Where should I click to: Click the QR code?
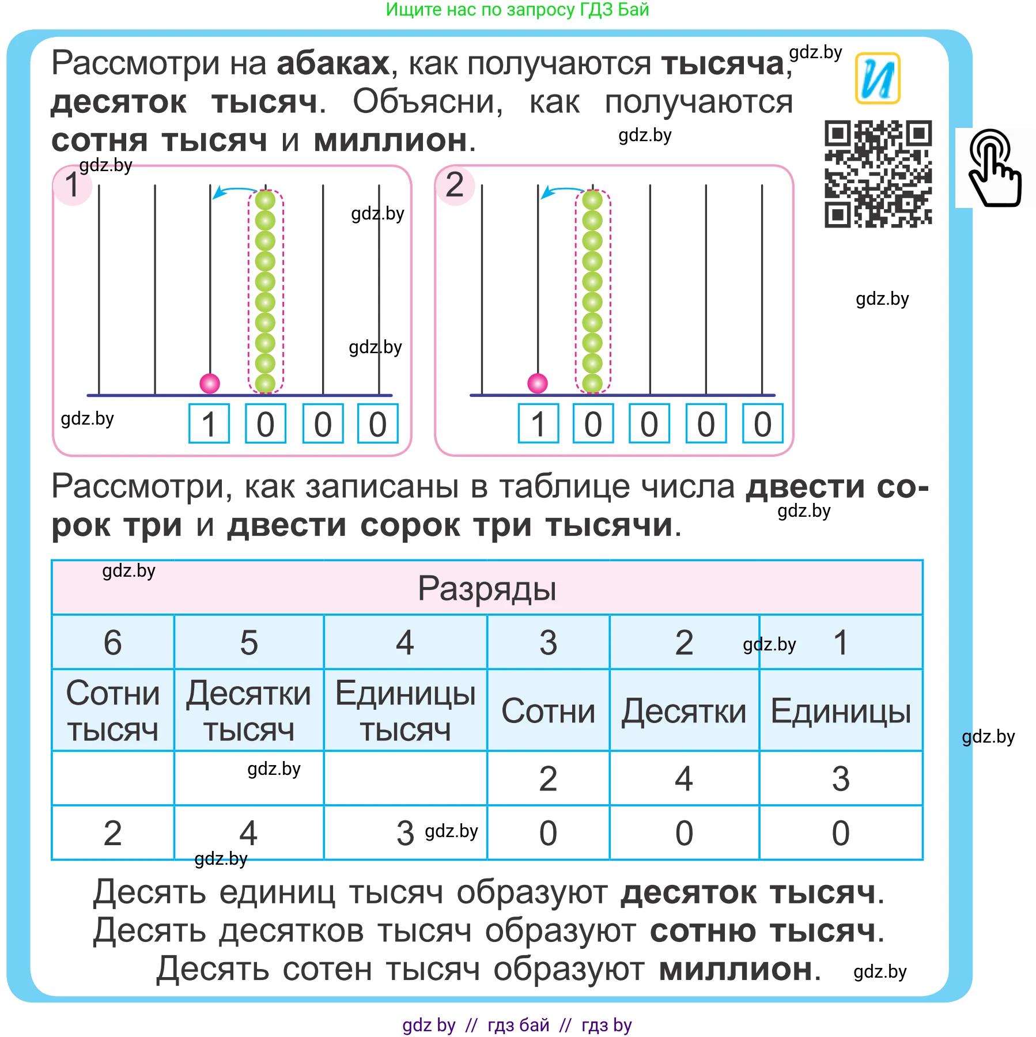[x=878, y=173]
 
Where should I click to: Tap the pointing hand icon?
[x=995, y=168]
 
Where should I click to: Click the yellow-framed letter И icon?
[x=877, y=78]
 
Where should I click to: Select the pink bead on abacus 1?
[x=210, y=383]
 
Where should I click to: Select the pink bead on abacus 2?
[x=538, y=383]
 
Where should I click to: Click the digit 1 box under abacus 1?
[x=209, y=424]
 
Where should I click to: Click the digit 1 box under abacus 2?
[x=538, y=424]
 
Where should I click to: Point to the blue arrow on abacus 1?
[x=233, y=191]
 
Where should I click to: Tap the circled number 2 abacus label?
[x=455, y=185]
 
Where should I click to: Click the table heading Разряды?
[x=487, y=588]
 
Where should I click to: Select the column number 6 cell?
[x=113, y=642]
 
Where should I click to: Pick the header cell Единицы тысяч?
[x=405, y=711]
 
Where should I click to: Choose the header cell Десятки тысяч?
[x=248, y=711]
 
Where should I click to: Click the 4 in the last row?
[x=248, y=833]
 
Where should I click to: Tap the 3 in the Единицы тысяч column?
[x=405, y=833]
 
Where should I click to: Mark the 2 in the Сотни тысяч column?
[x=113, y=833]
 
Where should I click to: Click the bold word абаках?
[x=333, y=63]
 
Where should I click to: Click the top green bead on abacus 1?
[x=265, y=200]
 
